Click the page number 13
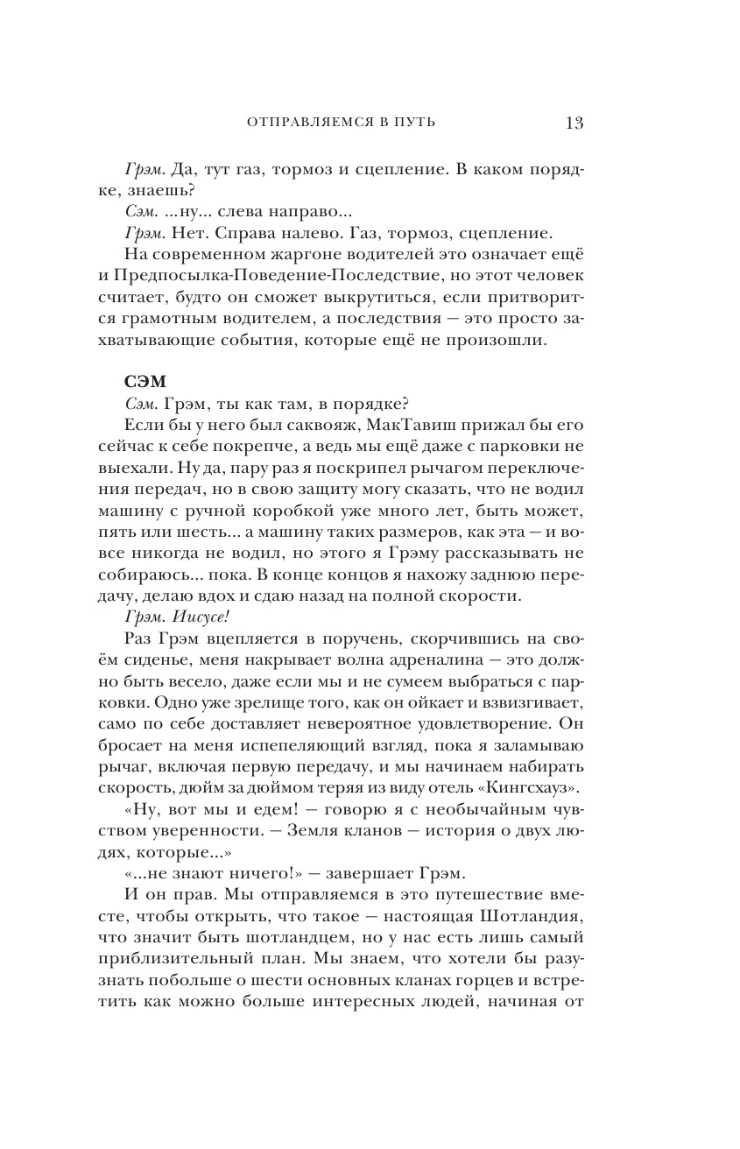[x=574, y=122]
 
